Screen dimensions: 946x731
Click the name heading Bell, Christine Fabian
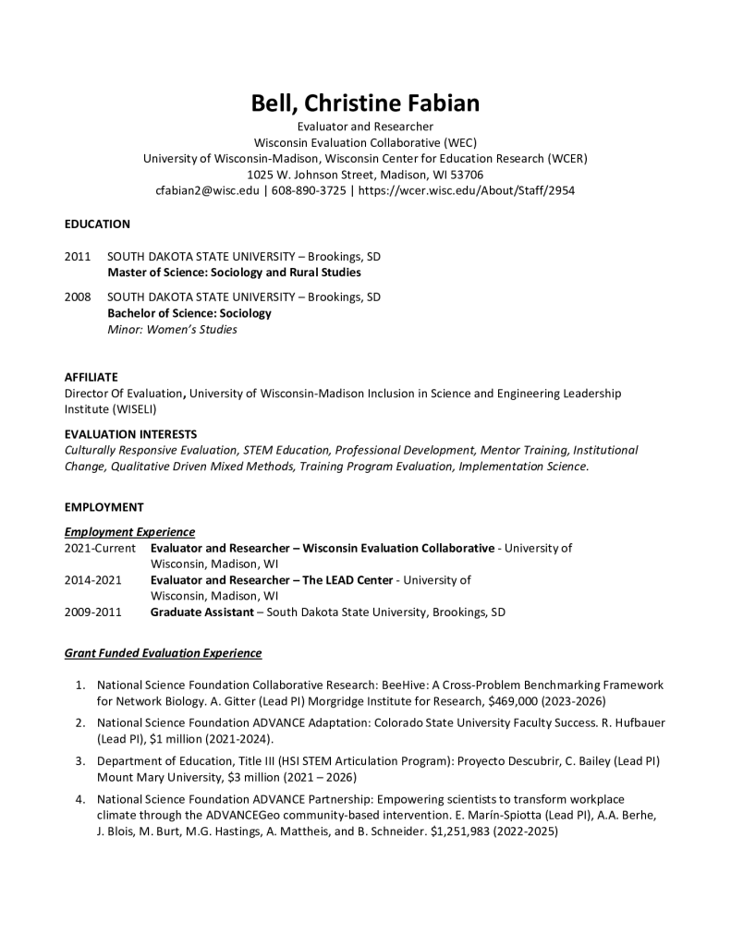point(365,103)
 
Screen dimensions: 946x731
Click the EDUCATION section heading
point(97,224)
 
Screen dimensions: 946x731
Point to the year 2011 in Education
point(78,256)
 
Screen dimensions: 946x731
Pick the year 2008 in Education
point(78,297)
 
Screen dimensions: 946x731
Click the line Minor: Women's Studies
point(172,330)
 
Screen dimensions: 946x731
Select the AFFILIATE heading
point(91,377)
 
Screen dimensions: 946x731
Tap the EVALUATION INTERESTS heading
point(130,434)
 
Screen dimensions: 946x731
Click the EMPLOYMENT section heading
point(104,507)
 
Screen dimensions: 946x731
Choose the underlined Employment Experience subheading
point(129,532)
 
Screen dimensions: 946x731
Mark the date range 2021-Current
point(100,548)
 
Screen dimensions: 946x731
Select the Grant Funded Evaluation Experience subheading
point(163,653)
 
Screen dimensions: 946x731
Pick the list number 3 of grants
point(81,760)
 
